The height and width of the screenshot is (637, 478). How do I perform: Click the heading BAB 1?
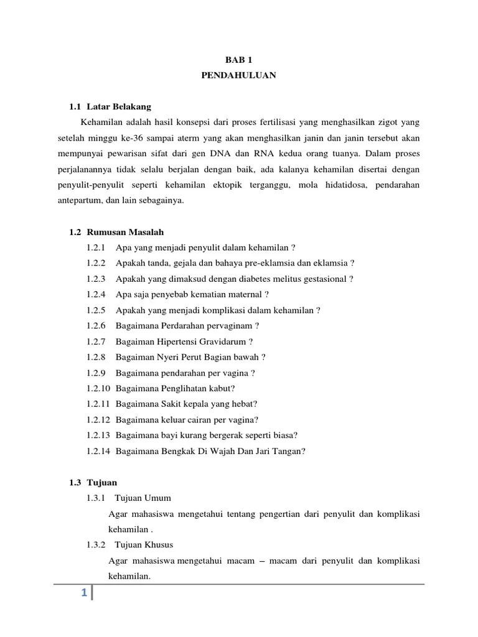point(238,60)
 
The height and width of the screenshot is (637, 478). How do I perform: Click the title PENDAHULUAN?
point(238,75)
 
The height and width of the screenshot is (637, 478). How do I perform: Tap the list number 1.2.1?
point(96,248)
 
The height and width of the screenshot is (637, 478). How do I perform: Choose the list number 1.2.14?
point(99,451)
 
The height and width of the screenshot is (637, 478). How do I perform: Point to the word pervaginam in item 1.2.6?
point(231,326)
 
